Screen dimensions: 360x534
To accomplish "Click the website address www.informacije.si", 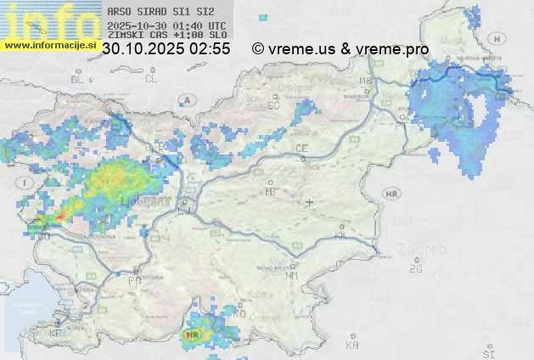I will [x=49, y=45].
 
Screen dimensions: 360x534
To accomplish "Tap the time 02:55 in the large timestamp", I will [x=209, y=49].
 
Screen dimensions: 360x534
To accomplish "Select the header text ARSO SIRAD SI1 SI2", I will [x=160, y=12].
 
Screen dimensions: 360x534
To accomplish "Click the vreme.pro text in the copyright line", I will [x=392, y=49].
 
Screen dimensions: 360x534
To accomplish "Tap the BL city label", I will [x=78, y=79].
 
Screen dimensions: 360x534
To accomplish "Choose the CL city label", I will [x=151, y=79].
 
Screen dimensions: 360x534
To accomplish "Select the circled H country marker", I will [x=501, y=38].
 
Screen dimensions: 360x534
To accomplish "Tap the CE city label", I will [x=301, y=149].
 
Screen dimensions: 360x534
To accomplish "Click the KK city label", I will [x=341, y=236].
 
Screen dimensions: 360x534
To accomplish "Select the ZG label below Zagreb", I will [x=415, y=269].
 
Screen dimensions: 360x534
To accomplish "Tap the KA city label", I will [x=352, y=345].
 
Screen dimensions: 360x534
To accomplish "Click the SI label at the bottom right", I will [x=487, y=352].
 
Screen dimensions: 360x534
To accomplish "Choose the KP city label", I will [x=56, y=333].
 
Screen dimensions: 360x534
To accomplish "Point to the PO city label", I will [x=134, y=280].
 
